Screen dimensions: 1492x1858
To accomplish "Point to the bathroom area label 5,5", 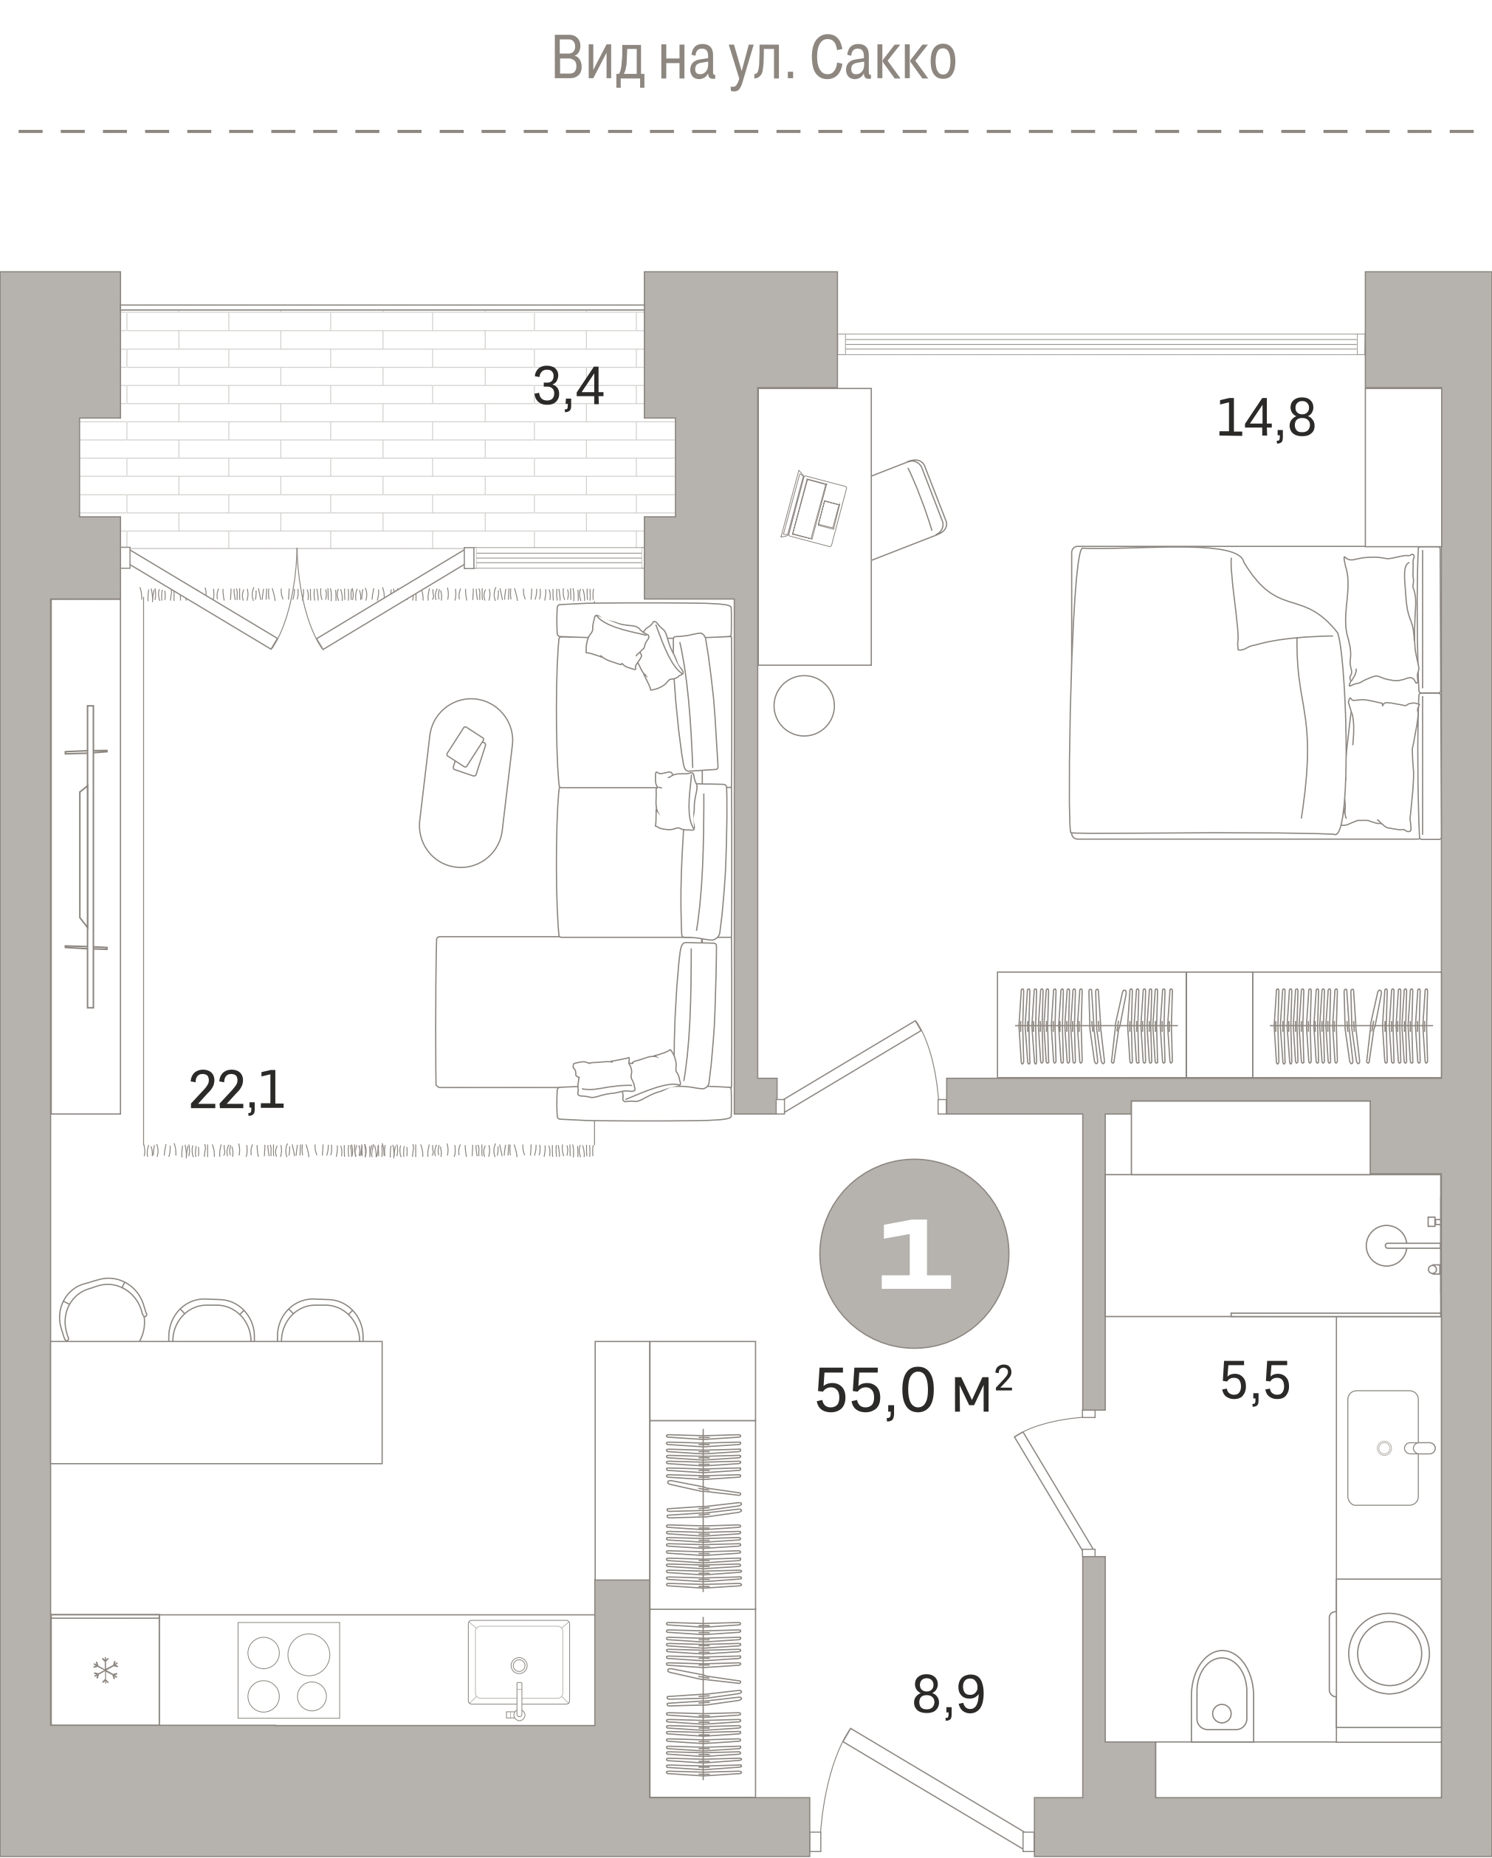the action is tap(1255, 1380).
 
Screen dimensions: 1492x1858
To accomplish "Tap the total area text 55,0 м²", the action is tap(912, 1391).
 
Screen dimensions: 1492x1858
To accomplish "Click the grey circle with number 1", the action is tap(914, 1253).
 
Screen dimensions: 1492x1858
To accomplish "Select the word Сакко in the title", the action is tap(884, 58).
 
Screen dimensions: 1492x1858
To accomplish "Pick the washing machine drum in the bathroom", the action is tap(1389, 1654).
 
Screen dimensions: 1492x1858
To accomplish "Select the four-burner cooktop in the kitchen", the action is tap(289, 1670).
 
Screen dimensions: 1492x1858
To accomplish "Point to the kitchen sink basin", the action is tap(519, 1662).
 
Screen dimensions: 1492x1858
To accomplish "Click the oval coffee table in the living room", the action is tap(465, 782).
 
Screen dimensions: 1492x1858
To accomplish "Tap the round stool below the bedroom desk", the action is tap(804, 706).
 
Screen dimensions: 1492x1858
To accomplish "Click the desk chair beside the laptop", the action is tap(910, 510).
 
